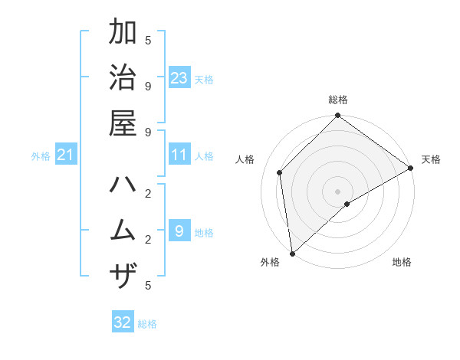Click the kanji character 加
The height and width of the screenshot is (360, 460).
(x=123, y=34)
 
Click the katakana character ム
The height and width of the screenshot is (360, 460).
(x=123, y=231)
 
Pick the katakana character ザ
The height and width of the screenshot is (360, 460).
(x=123, y=275)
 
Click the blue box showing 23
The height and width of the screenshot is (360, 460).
(x=179, y=77)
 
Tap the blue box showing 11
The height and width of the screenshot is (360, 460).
(x=179, y=155)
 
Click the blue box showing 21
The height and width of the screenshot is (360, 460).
(x=66, y=155)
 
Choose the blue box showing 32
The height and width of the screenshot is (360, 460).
(x=123, y=322)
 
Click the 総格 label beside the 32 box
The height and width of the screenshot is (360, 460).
(x=147, y=324)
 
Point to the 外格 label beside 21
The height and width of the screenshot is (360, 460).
(x=41, y=156)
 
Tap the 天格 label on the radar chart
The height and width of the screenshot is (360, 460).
(x=431, y=159)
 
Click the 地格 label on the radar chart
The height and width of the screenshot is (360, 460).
(x=402, y=262)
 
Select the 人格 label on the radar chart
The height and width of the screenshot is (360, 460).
(x=245, y=159)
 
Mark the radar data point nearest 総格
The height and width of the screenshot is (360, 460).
(x=337, y=116)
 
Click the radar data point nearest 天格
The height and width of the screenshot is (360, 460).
(x=410, y=168)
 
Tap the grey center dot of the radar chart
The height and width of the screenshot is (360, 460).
(x=337, y=191)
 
